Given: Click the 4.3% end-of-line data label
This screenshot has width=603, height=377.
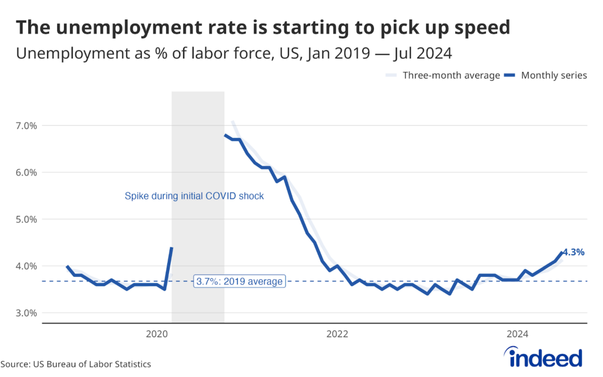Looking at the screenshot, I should click(x=573, y=252).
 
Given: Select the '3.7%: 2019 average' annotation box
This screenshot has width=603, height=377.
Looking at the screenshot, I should click(x=239, y=282).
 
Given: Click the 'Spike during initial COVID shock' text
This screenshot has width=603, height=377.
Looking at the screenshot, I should click(x=194, y=196).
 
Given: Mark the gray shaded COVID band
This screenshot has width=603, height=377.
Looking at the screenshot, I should click(x=198, y=206).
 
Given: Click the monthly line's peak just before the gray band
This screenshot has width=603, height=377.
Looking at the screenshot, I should click(x=171, y=247).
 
